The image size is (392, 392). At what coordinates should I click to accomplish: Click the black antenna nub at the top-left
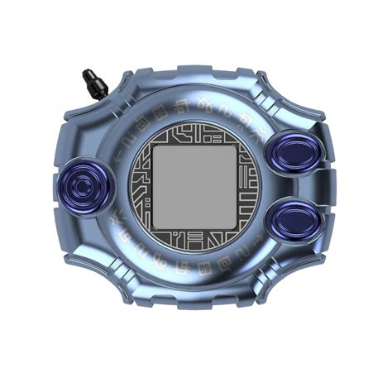click(91, 83)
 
